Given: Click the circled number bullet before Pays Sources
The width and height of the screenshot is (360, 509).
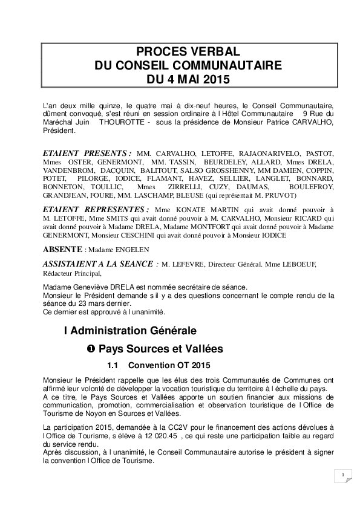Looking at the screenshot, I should [91, 349].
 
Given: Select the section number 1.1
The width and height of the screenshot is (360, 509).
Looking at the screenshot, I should [114, 366].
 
